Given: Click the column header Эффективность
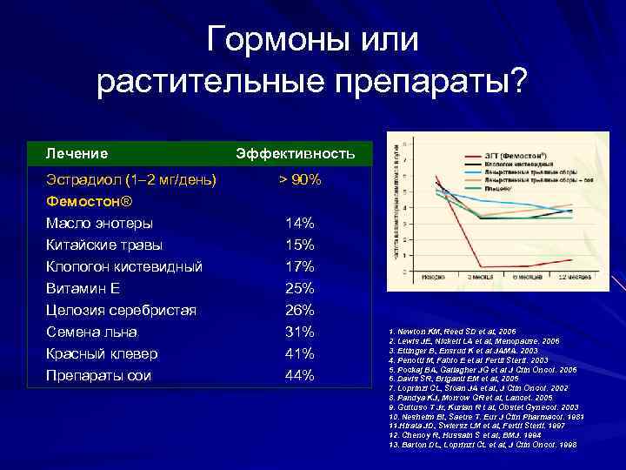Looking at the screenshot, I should click(x=296, y=154).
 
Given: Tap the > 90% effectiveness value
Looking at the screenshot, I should click(x=300, y=180).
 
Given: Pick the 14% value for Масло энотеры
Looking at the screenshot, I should click(x=300, y=224).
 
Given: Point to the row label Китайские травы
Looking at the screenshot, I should click(x=104, y=245).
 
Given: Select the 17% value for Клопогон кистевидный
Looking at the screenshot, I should click(x=300, y=267).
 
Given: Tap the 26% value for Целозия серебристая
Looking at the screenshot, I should click(x=300, y=311).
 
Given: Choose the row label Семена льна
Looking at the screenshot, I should click(x=92, y=332).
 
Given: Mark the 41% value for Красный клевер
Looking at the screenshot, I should click(x=300, y=354).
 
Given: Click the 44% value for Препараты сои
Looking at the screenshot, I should click(x=300, y=376).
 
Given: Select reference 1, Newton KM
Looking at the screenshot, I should click(x=452, y=332).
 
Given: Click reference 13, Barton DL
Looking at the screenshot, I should click(x=483, y=444).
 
